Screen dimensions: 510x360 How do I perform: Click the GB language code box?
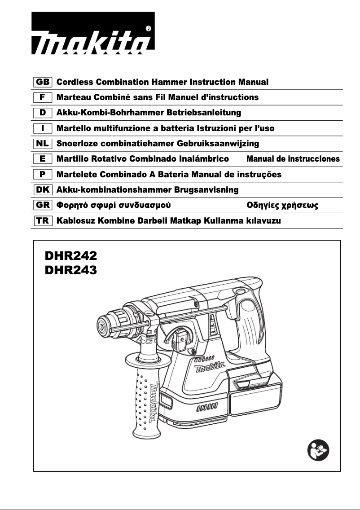click(x=43, y=82)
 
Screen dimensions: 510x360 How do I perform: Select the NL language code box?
click(x=43, y=144)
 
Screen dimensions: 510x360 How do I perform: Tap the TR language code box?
click(x=43, y=220)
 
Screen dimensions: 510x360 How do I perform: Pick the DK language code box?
click(x=43, y=190)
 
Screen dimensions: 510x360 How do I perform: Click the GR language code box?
click(x=43, y=205)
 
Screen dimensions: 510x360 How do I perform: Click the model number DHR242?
click(x=71, y=256)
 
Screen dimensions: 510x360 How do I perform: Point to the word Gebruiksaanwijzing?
click(x=218, y=144)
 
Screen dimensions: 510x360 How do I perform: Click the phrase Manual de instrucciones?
click(x=293, y=159)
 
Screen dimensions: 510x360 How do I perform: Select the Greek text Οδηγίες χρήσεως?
click(x=283, y=206)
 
